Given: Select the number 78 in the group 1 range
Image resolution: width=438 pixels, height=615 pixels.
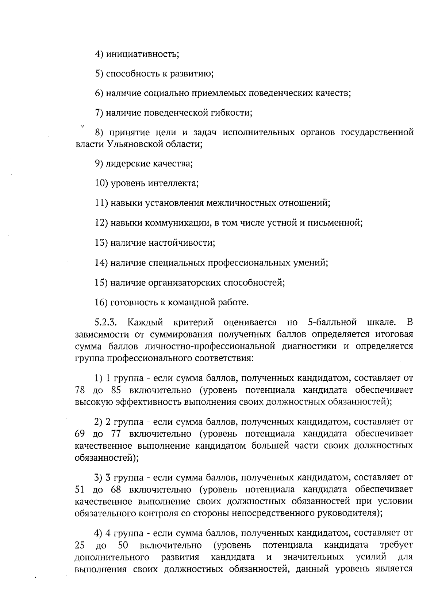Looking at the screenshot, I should click(80, 390).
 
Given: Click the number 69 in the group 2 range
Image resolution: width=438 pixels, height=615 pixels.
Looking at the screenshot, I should click(80, 434).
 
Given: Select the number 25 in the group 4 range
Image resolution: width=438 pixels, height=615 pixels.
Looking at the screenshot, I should click(80, 546).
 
